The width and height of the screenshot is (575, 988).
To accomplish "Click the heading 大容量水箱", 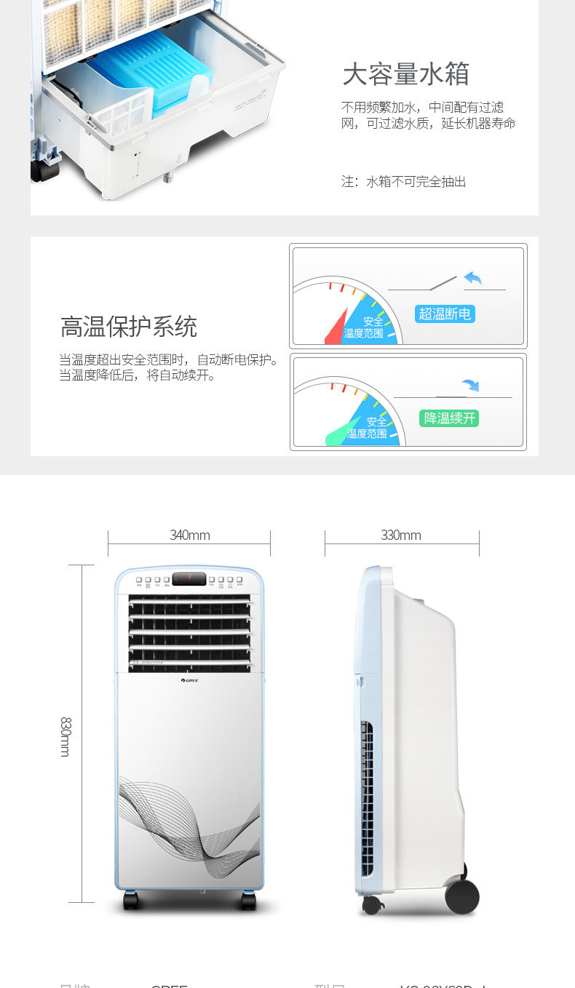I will pyautogui.click(x=405, y=74).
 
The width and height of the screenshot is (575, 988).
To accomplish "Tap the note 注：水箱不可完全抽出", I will pyautogui.click(x=404, y=182).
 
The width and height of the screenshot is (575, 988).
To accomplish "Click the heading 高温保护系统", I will pyautogui.click(x=128, y=327).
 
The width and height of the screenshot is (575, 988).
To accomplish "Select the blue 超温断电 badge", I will pyautogui.click(x=445, y=314).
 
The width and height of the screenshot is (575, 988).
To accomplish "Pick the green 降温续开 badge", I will pyautogui.click(x=450, y=418).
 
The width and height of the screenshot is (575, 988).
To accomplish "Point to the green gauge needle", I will pyautogui.click(x=342, y=433).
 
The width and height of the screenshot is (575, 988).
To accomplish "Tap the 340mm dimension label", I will pyautogui.click(x=189, y=535).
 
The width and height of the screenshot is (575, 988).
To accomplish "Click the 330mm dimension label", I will pyautogui.click(x=400, y=535).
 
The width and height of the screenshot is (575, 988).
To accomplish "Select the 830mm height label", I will pyautogui.click(x=66, y=736).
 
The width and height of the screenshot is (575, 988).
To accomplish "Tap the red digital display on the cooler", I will pyautogui.click(x=189, y=578).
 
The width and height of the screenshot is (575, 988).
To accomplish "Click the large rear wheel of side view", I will pyautogui.click(x=462, y=896).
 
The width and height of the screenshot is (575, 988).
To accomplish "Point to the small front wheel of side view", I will pyautogui.click(x=372, y=905).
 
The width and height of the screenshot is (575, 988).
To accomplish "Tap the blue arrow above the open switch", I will pyautogui.click(x=473, y=278).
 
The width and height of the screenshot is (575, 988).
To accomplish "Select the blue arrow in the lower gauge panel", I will pyautogui.click(x=470, y=385).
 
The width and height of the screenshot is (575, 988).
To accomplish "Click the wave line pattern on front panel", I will pyautogui.click(x=189, y=822).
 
